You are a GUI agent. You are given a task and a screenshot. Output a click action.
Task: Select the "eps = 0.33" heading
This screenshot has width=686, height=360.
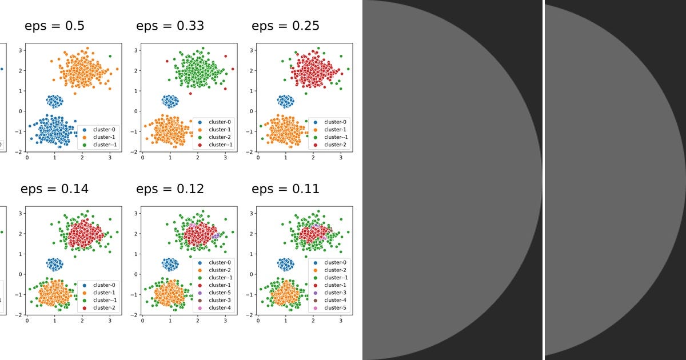(x=170, y=26)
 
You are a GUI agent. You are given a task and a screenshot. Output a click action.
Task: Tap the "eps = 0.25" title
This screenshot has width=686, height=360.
(x=285, y=26)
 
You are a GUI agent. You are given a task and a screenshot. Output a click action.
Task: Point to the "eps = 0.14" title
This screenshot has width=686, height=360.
(x=54, y=189)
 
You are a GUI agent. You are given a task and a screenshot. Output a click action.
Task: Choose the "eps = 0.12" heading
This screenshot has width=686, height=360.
(x=170, y=189)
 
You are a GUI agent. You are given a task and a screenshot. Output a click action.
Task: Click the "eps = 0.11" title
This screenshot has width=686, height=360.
(x=285, y=189)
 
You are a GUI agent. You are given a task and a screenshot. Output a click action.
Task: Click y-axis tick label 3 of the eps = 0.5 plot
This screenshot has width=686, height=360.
(x=20, y=50)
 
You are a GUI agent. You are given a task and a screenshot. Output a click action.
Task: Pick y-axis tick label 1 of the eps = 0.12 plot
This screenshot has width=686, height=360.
(x=136, y=254)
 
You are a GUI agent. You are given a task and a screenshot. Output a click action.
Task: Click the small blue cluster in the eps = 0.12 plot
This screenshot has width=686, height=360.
(x=170, y=264)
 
